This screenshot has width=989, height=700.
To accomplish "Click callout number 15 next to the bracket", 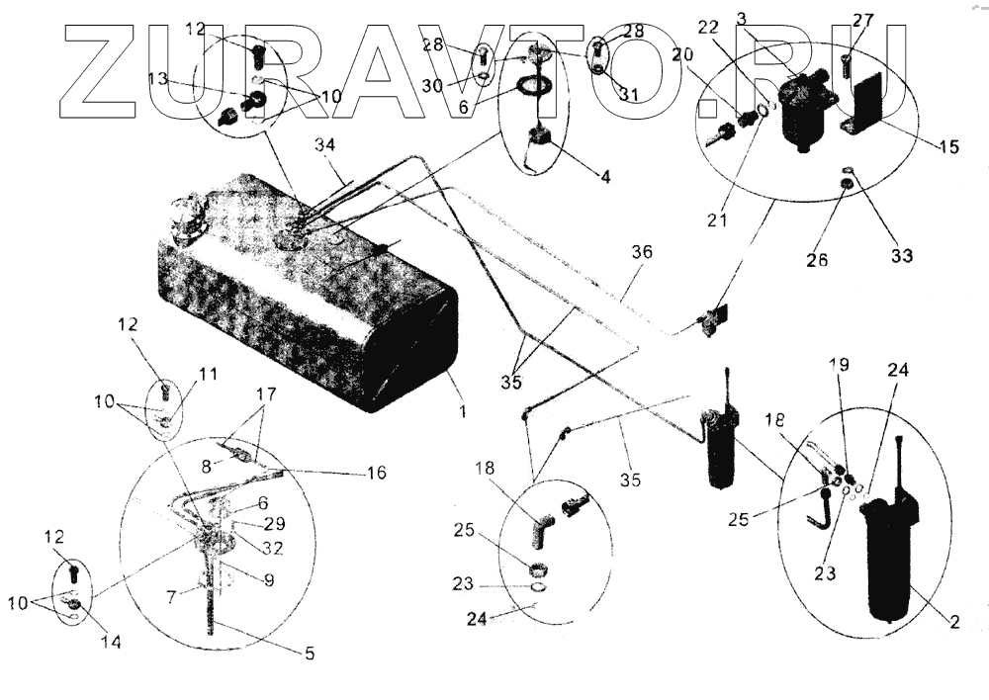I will (946, 147).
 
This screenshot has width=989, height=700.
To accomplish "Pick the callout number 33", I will (899, 256).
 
